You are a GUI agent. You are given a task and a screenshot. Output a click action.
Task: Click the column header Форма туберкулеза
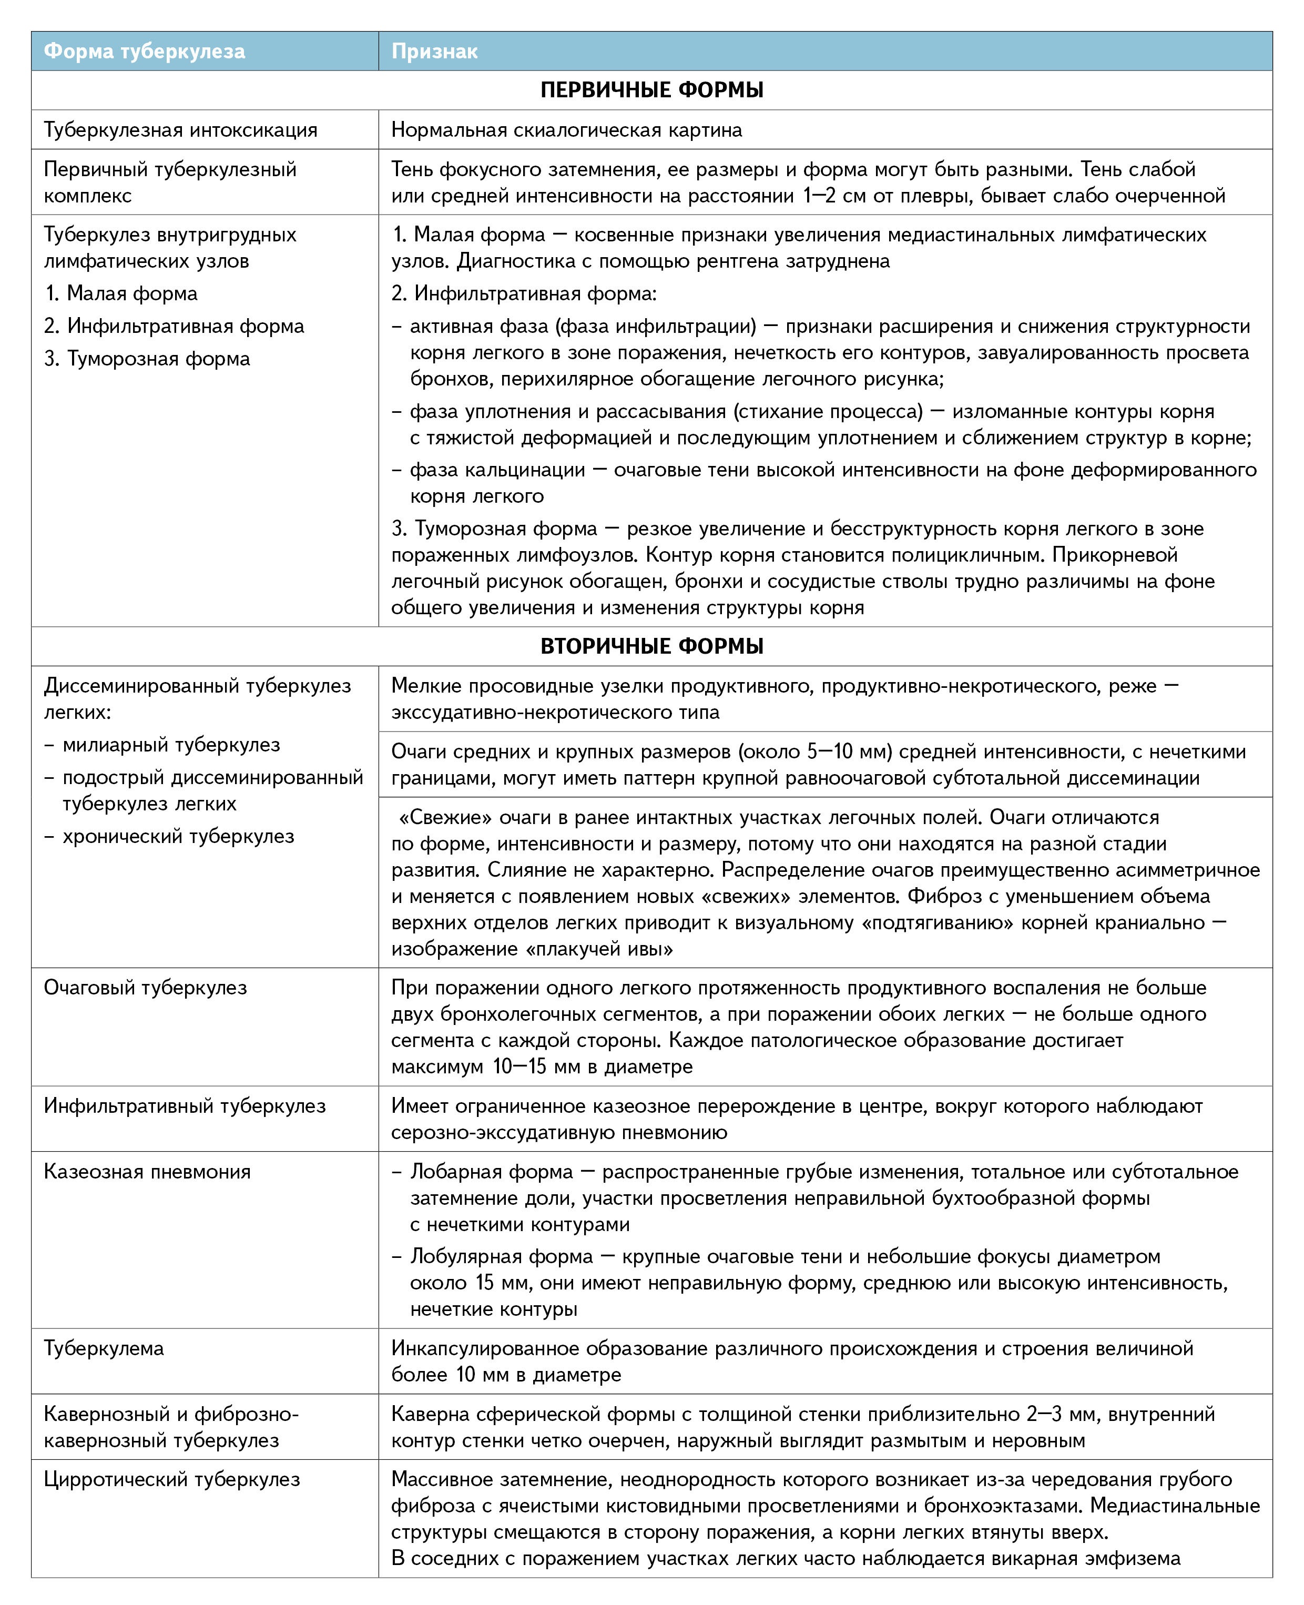(144, 51)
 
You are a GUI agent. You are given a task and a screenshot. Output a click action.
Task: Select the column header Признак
(434, 51)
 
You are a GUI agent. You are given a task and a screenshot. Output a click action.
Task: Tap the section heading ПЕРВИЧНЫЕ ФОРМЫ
(651, 90)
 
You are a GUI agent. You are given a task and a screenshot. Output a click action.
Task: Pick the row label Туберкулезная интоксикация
(180, 130)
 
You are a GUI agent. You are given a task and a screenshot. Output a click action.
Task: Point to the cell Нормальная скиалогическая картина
(566, 130)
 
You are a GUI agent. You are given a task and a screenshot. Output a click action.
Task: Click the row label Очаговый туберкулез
(145, 987)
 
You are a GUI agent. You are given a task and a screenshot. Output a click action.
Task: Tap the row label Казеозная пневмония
(147, 1171)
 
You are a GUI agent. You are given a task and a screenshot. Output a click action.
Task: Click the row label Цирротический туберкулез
(172, 1479)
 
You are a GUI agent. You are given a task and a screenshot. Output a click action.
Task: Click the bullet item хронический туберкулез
(178, 836)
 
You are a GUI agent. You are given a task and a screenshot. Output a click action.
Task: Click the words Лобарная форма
(491, 1172)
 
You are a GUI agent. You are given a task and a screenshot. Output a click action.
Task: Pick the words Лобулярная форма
(501, 1256)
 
